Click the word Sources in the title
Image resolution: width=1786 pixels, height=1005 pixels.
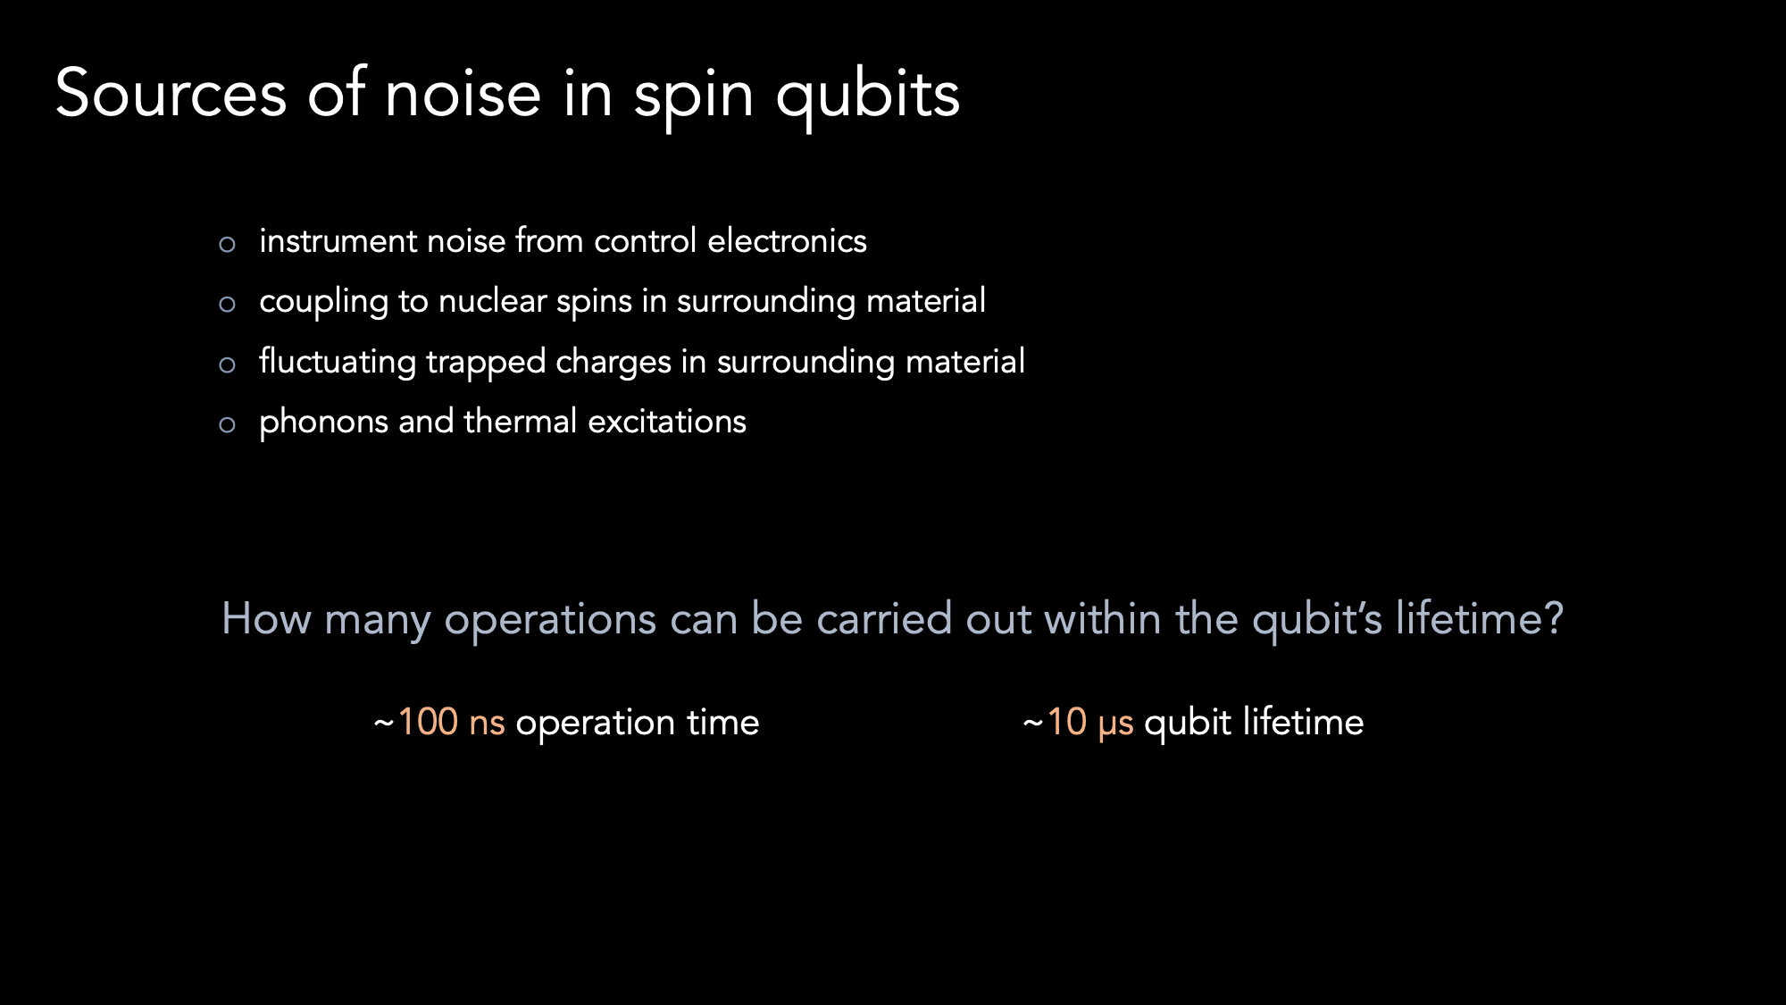[171, 93]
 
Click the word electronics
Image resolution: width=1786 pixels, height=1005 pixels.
[787, 240]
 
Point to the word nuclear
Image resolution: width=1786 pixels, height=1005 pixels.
[492, 301]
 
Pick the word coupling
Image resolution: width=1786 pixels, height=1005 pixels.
[323, 303]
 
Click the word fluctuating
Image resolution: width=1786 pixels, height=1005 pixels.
[338, 363]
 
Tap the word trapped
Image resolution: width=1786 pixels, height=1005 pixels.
[486, 363]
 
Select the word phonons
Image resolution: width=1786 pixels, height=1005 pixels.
[323, 423]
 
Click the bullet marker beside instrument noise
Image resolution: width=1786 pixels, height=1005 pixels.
[227, 244]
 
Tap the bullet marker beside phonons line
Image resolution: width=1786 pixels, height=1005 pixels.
[227, 424]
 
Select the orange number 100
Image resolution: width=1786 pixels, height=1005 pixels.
[428, 722]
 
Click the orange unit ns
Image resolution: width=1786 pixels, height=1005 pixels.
[487, 724]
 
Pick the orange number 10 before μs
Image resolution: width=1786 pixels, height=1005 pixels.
[1066, 722]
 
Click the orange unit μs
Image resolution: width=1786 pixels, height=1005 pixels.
[1115, 725]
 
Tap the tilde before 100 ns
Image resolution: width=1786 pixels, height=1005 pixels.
[384, 722]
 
